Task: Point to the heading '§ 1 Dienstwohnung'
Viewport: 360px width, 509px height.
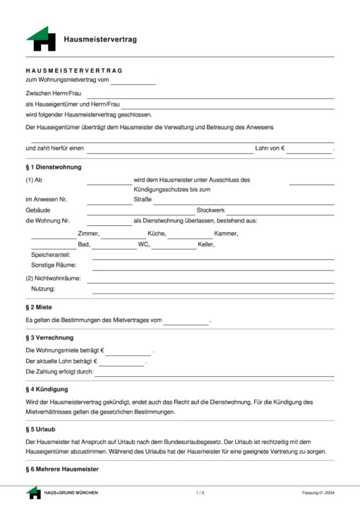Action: point(54,167)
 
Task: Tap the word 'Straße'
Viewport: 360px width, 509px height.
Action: point(143,200)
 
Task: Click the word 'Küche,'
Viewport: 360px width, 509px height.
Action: point(157,234)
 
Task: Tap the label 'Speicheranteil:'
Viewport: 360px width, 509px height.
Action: point(52,255)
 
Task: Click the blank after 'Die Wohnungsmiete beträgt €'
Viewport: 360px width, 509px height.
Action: point(128,352)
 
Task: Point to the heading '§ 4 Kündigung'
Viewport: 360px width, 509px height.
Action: point(47,390)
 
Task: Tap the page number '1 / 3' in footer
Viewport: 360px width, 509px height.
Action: point(200,492)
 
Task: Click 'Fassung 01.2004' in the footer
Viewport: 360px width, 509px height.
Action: point(317,492)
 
